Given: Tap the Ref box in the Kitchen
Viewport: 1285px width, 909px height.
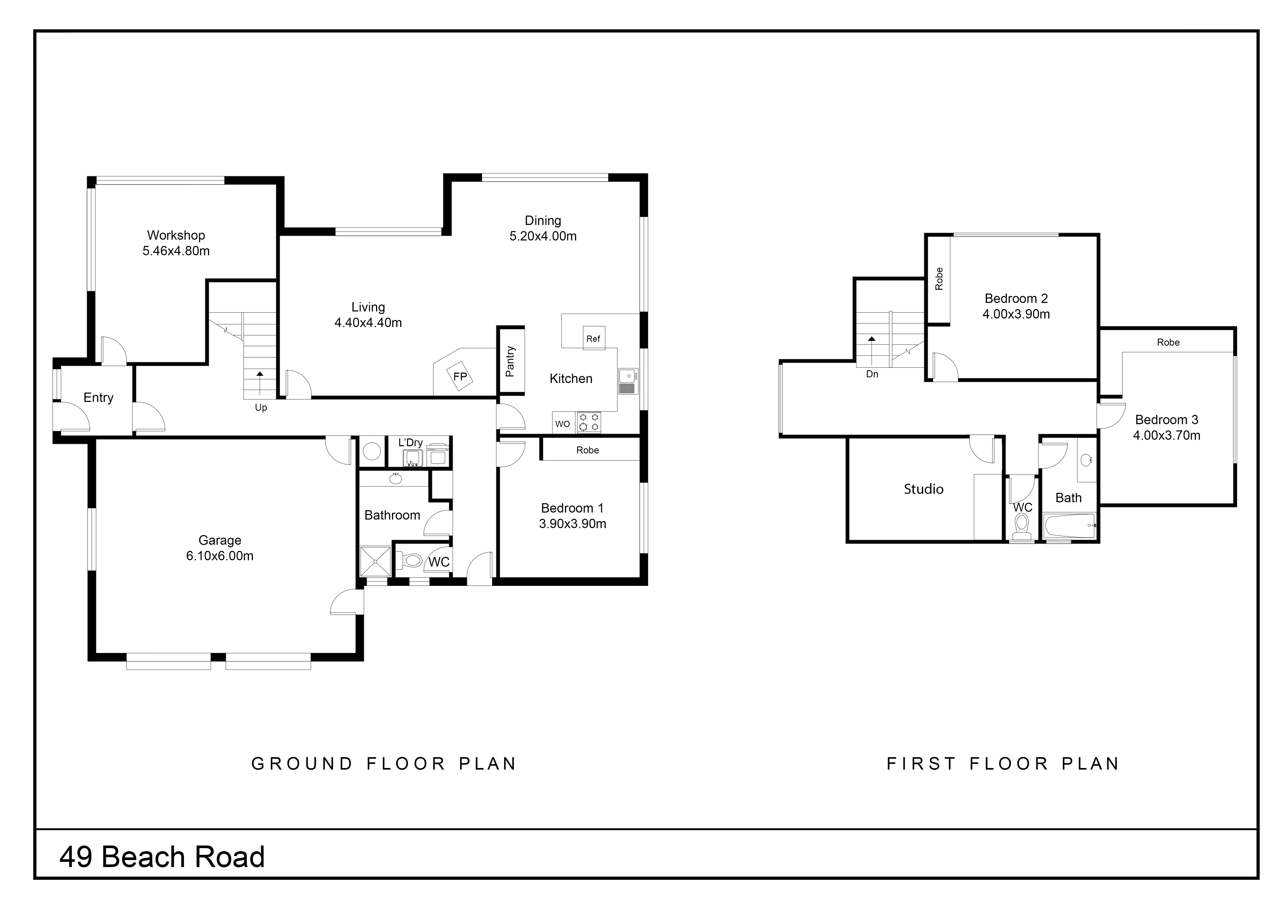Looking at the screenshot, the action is (x=594, y=338).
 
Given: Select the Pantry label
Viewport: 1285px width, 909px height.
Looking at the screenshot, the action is (x=510, y=361).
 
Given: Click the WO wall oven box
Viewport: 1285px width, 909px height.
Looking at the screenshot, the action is (x=563, y=424).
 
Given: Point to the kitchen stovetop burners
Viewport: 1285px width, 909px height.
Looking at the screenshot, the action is (x=588, y=423).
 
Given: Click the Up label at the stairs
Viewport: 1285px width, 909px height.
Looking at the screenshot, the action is (x=261, y=408).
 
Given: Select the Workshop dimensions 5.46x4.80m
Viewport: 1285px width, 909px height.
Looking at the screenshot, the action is (x=176, y=251).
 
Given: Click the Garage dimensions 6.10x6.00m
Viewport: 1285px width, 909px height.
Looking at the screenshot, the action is (x=220, y=556).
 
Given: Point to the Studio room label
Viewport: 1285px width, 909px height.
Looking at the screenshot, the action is (x=923, y=489).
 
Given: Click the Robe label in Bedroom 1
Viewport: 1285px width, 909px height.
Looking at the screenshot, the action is (x=588, y=450).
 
